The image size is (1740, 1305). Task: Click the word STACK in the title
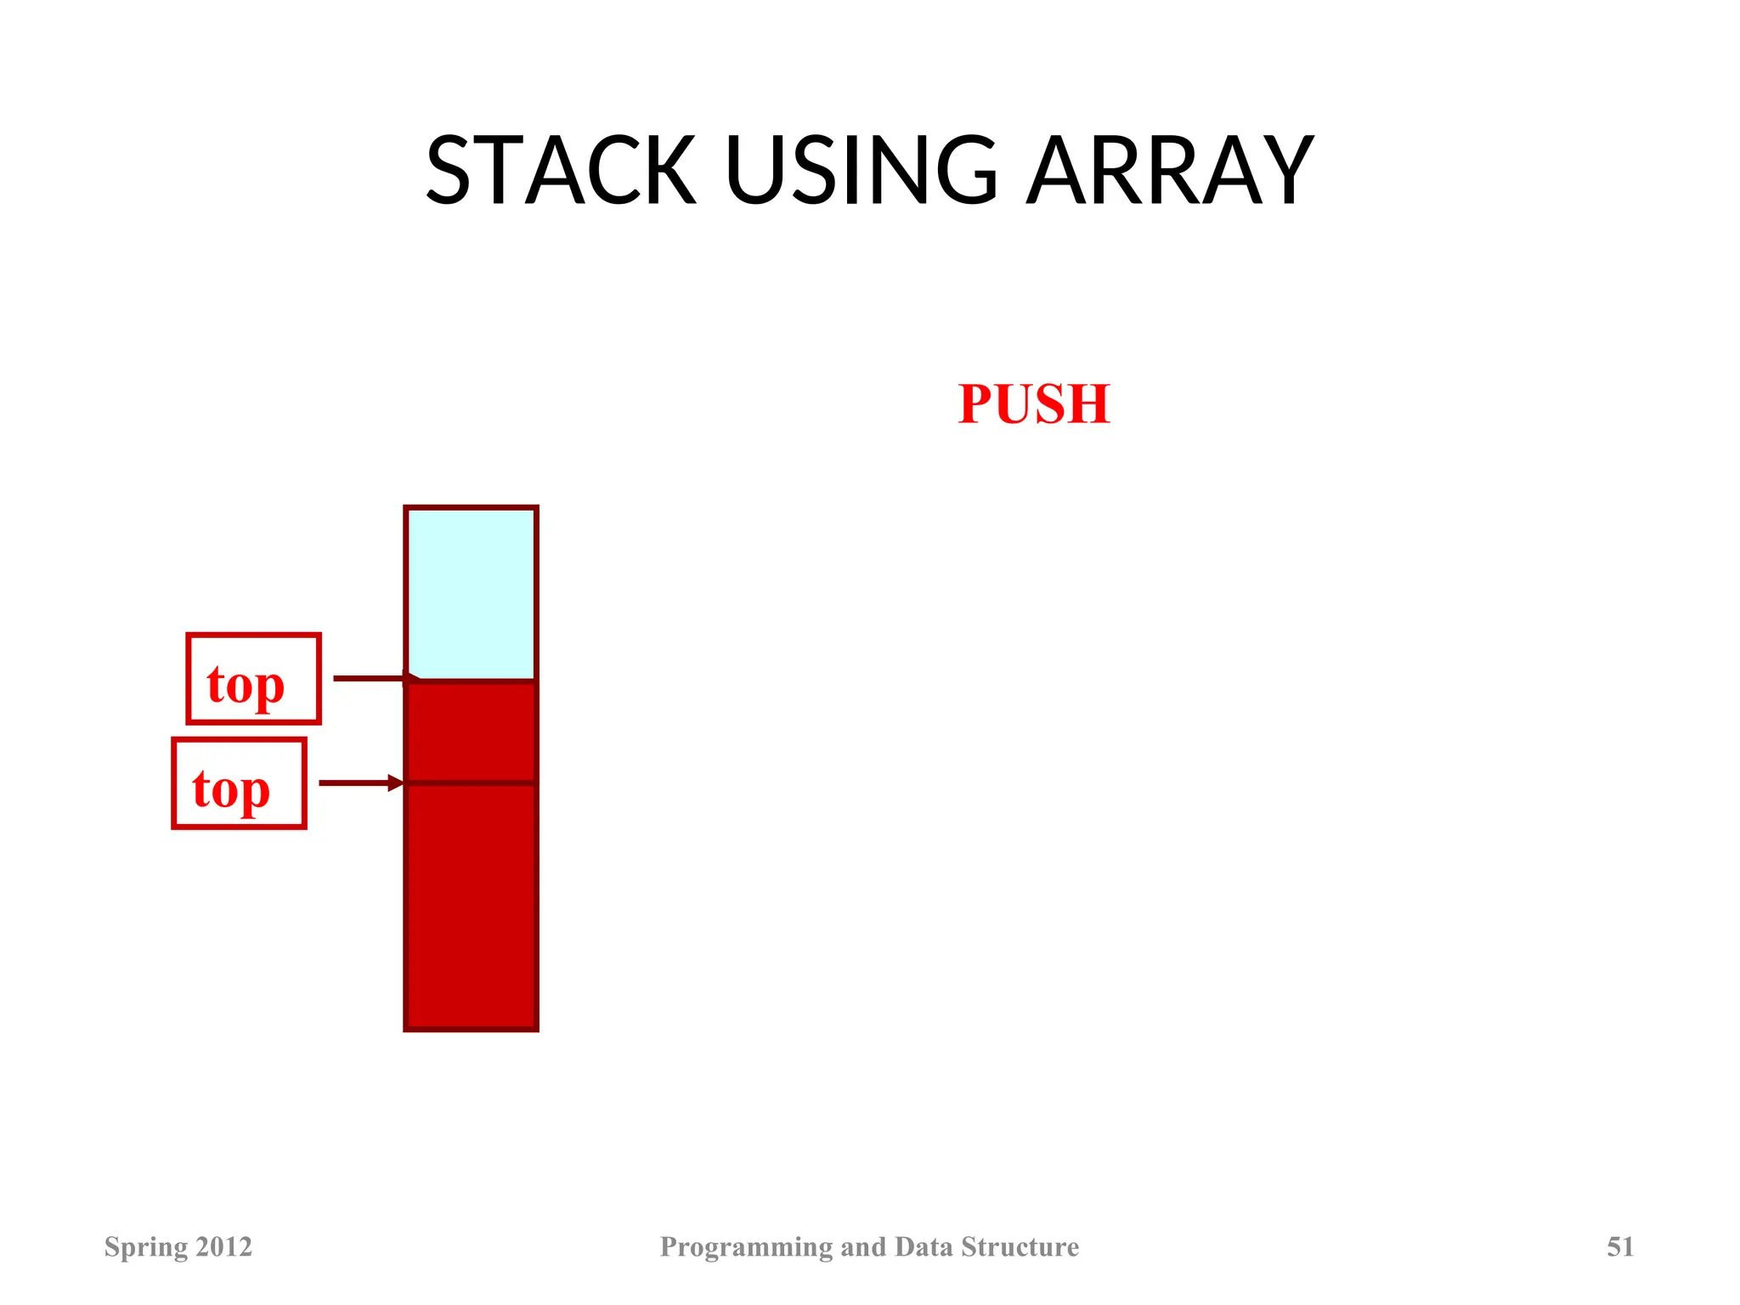pyautogui.click(x=561, y=172)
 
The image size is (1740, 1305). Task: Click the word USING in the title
pyautogui.click(x=862, y=172)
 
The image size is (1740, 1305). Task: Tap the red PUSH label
pyautogui.click(x=1033, y=404)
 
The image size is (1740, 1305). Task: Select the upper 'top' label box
pyautogui.click(x=253, y=679)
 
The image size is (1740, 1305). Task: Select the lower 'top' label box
pyautogui.click(x=239, y=783)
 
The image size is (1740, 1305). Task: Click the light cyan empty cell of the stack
pyautogui.click(x=472, y=593)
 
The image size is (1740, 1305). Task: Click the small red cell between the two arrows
pyautogui.click(x=472, y=732)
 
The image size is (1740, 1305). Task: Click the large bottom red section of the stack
pyautogui.click(x=472, y=905)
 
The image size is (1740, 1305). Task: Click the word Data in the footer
pyautogui.click(x=924, y=1246)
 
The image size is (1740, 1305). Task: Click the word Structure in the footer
pyautogui.click(x=1020, y=1246)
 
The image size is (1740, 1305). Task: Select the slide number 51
pyautogui.click(x=1619, y=1246)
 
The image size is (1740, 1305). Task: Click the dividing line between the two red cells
pyautogui.click(x=472, y=782)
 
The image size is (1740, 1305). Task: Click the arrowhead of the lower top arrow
pyautogui.click(x=396, y=782)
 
